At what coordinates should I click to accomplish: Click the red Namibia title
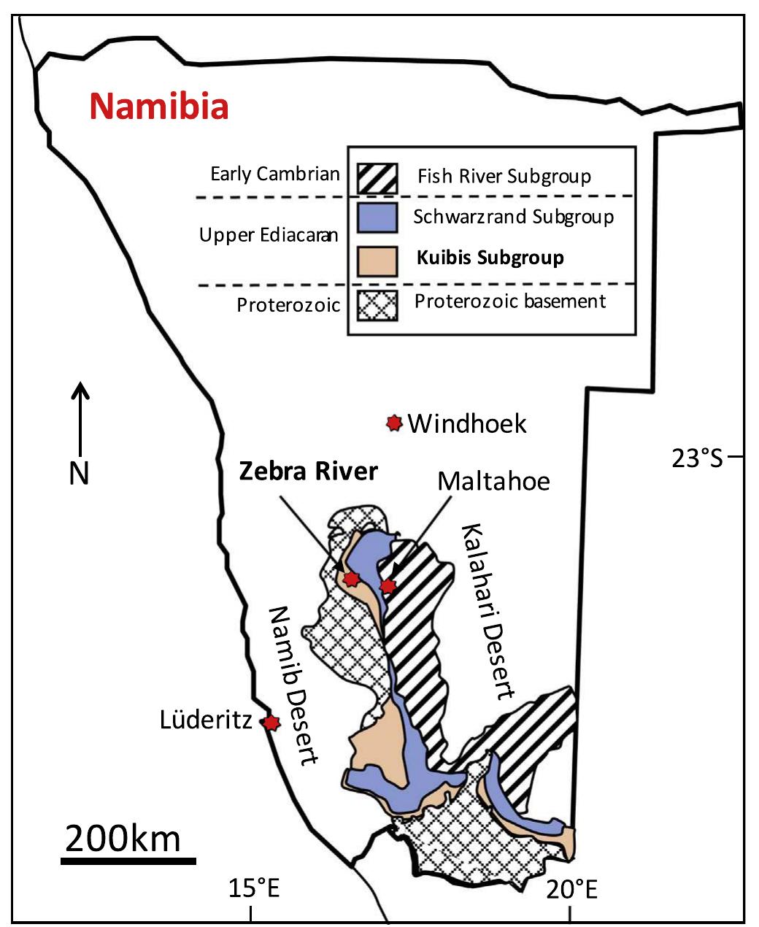click(x=159, y=107)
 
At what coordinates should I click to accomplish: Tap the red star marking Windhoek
click(x=394, y=423)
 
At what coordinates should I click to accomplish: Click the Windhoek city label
click(x=467, y=423)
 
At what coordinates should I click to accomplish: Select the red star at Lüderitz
click(x=271, y=723)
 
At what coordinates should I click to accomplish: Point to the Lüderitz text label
click(x=206, y=721)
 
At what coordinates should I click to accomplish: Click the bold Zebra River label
click(x=309, y=472)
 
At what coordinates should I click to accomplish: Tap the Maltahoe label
click(x=493, y=481)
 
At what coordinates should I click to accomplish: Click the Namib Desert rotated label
click(x=292, y=685)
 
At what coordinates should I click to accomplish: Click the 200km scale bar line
click(x=128, y=861)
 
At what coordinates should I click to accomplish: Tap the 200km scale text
click(x=123, y=838)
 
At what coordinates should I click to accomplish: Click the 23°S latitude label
click(x=697, y=458)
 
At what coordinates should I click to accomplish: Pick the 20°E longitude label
click(x=572, y=890)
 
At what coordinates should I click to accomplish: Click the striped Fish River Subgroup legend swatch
click(x=377, y=177)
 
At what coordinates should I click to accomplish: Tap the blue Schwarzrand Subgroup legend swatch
click(x=377, y=218)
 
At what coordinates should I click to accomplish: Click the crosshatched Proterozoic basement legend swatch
click(x=377, y=305)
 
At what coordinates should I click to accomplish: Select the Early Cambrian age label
click(x=275, y=174)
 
